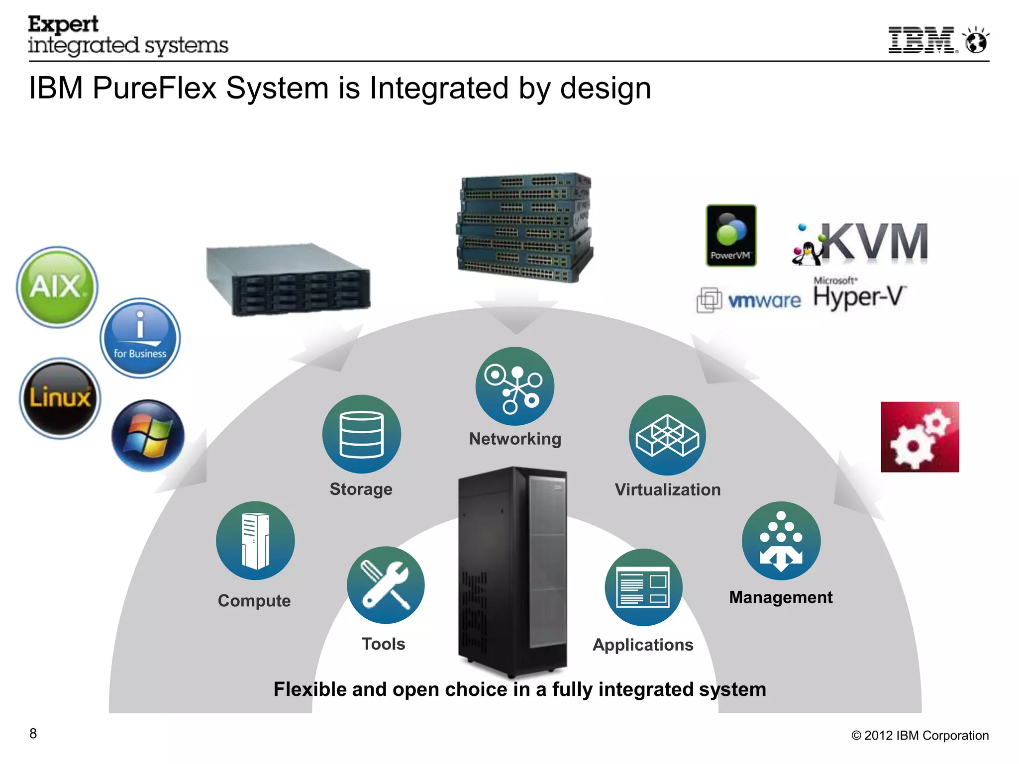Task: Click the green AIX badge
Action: (57, 287)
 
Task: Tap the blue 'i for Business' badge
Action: (140, 338)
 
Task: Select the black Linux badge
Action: (60, 398)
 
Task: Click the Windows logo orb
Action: (148, 436)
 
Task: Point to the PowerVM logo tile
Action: (731, 235)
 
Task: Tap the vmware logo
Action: (749, 300)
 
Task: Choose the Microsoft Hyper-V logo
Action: (860, 294)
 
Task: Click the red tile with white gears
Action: (919, 437)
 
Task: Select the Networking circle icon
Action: (514, 386)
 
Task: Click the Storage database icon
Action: (361, 434)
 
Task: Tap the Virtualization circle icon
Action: (667, 435)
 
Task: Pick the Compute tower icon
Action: (255, 541)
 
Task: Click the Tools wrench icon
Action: (386, 585)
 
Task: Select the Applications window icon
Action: (643, 587)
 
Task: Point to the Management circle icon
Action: (781, 541)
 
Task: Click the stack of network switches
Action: (524, 227)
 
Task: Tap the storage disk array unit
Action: (288, 279)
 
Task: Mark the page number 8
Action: (33, 733)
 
